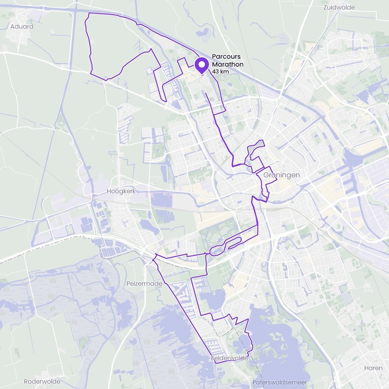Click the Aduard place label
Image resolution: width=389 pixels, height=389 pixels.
coord(21,26)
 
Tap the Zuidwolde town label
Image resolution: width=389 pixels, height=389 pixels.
coord(339,7)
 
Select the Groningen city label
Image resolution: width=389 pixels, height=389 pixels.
coord(281,175)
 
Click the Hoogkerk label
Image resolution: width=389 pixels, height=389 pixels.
coord(120,192)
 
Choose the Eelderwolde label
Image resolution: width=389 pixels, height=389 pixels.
coord(230,358)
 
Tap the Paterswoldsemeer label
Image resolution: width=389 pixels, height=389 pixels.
coord(280,382)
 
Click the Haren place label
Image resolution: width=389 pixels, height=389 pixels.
coord(373,368)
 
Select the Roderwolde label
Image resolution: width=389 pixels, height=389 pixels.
coord(42,381)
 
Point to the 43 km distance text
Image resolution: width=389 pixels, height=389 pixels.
coord(220,71)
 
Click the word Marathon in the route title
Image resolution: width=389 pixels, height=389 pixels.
coord(227,64)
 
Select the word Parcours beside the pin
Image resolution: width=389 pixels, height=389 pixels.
coord(226,57)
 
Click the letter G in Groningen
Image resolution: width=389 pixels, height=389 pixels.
coord(266,175)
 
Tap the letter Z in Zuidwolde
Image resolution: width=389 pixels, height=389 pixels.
coord(325,7)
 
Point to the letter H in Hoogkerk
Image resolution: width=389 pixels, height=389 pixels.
coord(109,192)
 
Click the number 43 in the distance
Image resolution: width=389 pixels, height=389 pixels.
coord(215,71)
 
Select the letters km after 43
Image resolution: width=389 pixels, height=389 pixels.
coord(224,71)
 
